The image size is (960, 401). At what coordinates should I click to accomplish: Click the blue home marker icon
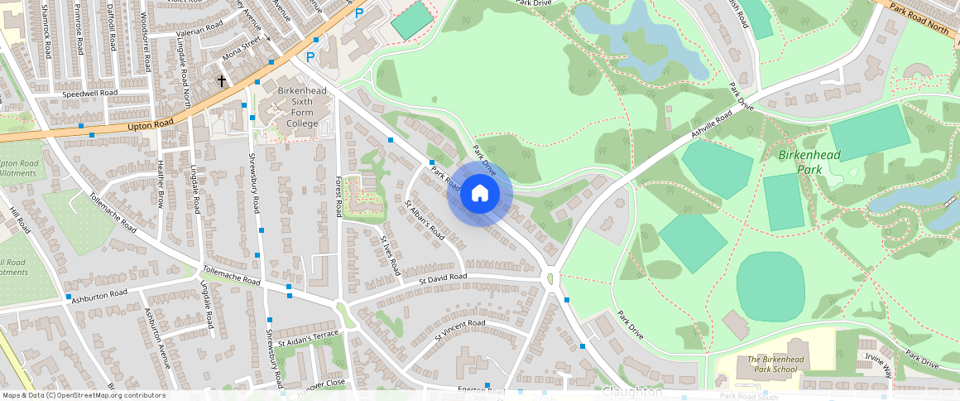[480, 194]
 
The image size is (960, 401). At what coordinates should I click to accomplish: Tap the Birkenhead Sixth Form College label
[302, 107]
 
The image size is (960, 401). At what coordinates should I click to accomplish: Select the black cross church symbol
[222, 81]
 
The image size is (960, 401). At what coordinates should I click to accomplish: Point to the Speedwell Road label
[91, 94]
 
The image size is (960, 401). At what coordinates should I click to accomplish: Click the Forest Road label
[338, 196]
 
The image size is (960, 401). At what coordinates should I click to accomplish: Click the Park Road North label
[919, 18]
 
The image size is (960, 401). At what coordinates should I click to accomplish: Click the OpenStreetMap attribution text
[83, 395]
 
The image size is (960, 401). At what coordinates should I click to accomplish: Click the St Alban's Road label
[424, 220]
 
